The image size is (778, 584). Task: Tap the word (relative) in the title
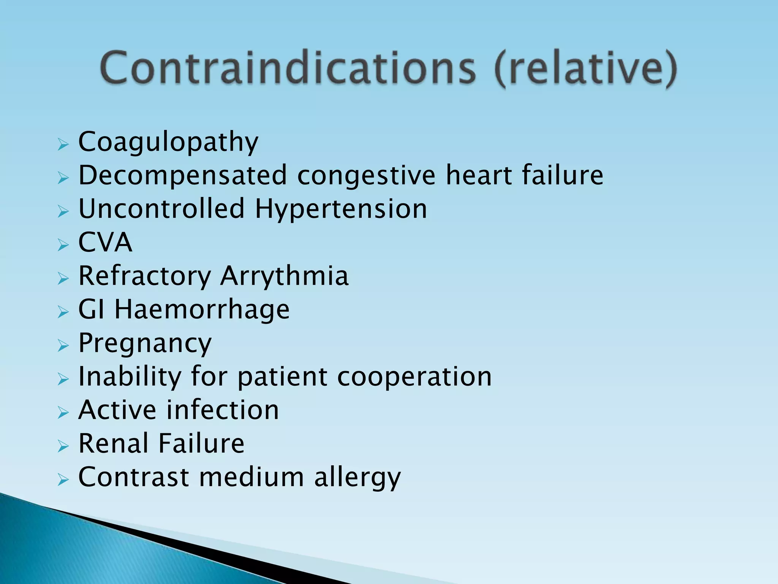(x=585, y=69)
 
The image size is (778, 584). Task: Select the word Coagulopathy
(x=168, y=142)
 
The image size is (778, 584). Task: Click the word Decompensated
(x=183, y=175)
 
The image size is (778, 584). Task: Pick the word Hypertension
(x=341, y=209)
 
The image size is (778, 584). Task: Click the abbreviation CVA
(x=105, y=242)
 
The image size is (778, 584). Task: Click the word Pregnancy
(x=145, y=343)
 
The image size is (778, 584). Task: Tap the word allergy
(x=357, y=478)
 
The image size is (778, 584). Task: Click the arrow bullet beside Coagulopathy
(x=63, y=145)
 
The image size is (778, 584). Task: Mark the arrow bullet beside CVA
(x=63, y=245)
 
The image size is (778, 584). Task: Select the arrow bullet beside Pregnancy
(x=63, y=346)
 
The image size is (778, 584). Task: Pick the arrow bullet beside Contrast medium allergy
(x=63, y=480)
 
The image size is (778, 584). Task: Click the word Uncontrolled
(x=162, y=209)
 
